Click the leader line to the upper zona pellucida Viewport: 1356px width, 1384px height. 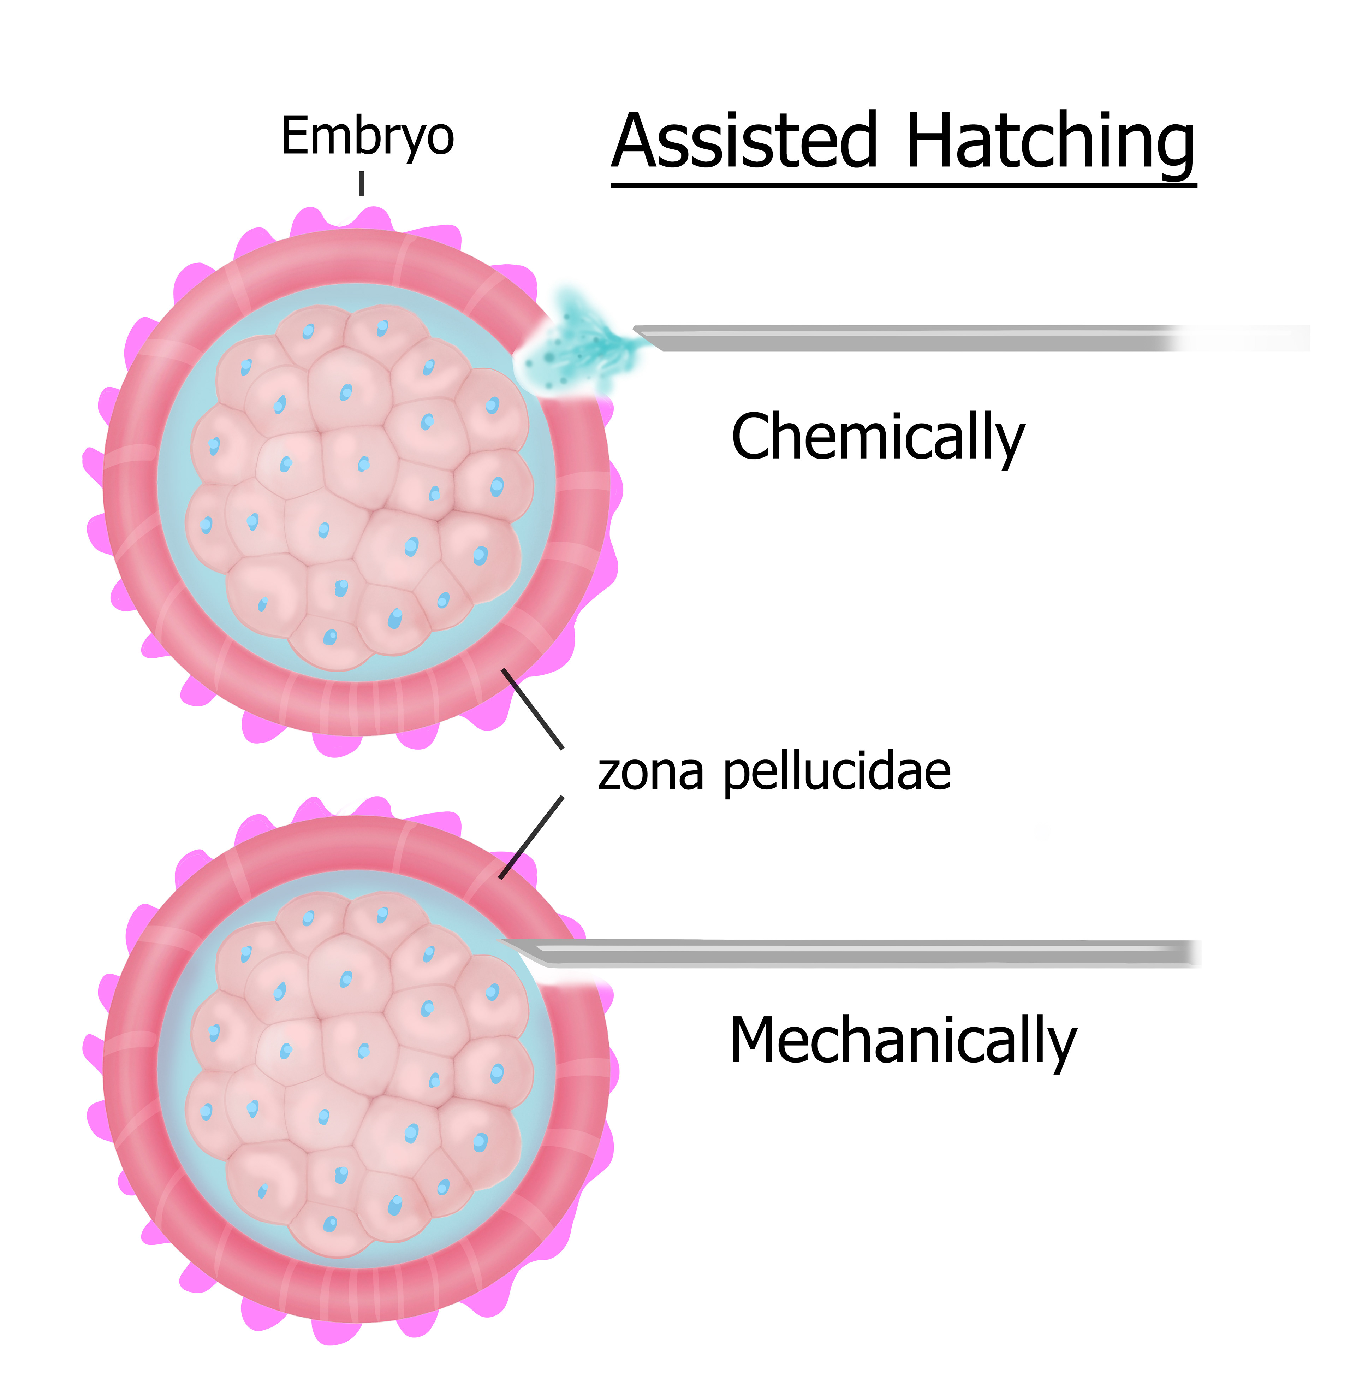[x=533, y=709]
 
